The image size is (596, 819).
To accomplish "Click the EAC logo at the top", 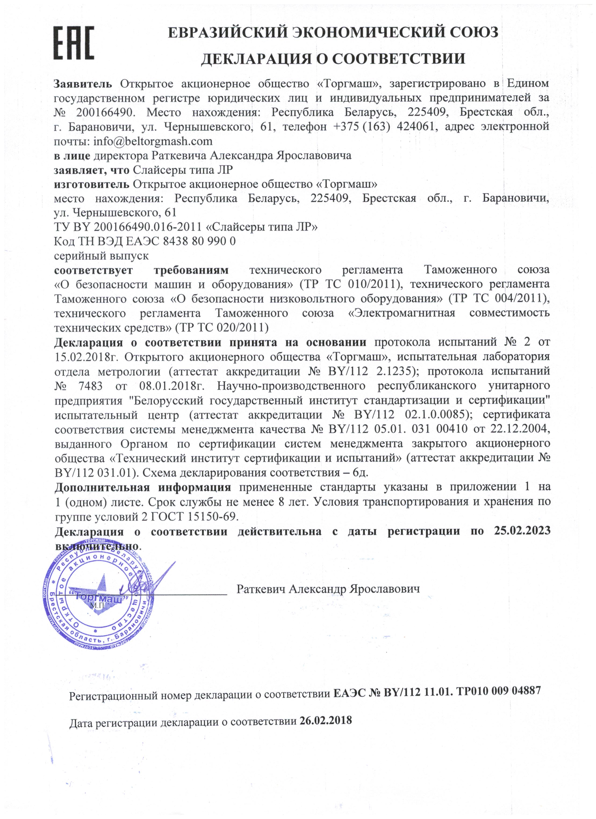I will [74, 43].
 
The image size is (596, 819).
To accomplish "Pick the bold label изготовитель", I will [91, 184].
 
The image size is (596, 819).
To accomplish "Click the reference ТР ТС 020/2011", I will [222, 328].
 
